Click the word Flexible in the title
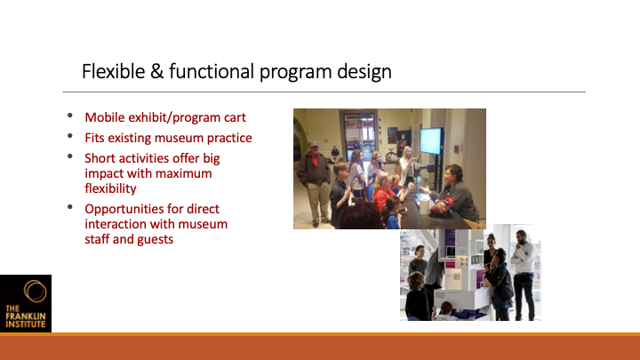(x=114, y=71)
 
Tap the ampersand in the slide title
(x=156, y=71)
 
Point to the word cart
(x=235, y=118)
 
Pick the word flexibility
(x=110, y=188)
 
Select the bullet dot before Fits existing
(x=70, y=136)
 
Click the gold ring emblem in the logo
(x=35, y=291)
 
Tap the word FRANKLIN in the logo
(x=25, y=316)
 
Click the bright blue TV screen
(x=431, y=140)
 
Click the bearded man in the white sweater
(x=524, y=274)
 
